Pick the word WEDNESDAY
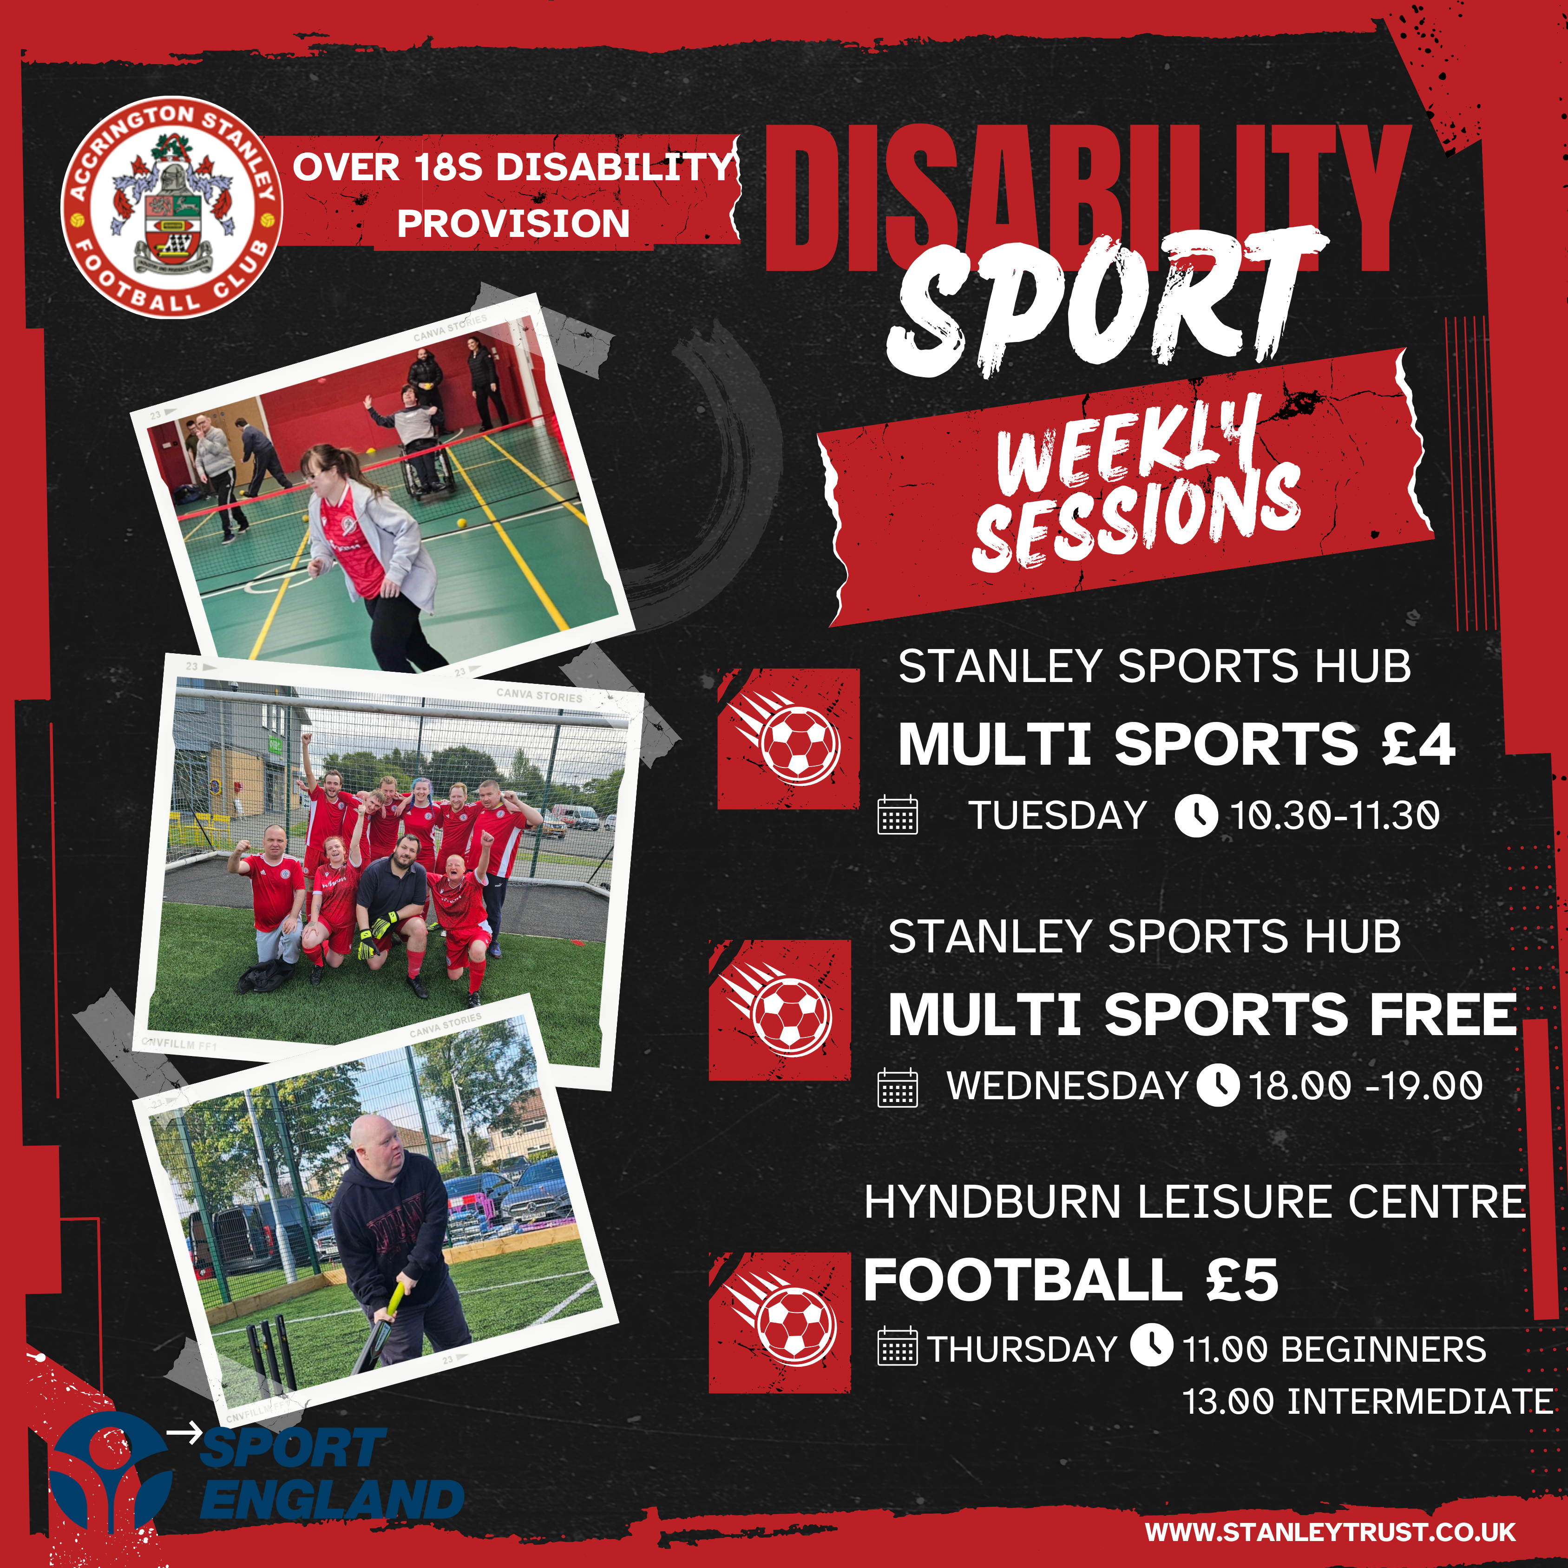click(1067, 1085)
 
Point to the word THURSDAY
click(1023, 1349)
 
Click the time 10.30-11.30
click(1335, 816)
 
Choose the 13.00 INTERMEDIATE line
click(1368, 1402)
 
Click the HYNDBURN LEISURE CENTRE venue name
click(1194, 1202)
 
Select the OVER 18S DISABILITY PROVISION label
click(513, 195)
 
